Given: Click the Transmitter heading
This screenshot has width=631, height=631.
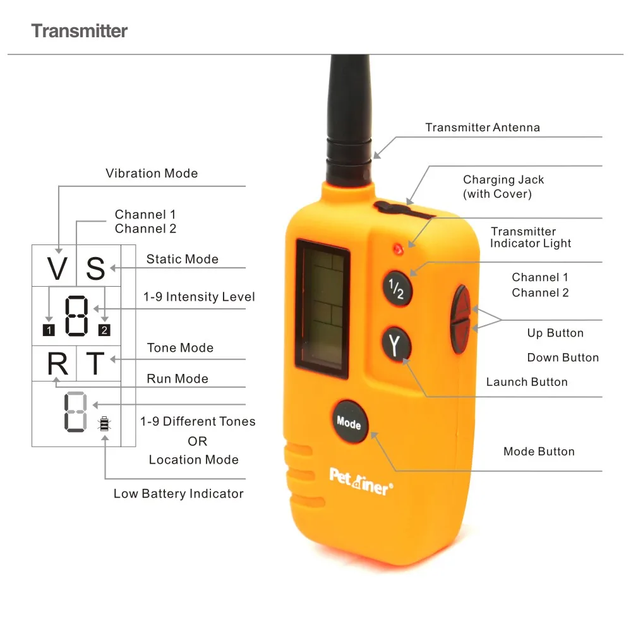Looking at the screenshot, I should [x=80, y=30].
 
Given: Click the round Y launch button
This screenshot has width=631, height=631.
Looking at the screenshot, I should [x=396, y=344].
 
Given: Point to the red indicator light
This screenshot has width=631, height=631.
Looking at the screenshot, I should [x=399, y=249].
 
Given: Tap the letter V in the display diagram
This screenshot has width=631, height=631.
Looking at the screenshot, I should [x=57, y=269].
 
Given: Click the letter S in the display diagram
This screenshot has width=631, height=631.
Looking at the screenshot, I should [x=95, y=269].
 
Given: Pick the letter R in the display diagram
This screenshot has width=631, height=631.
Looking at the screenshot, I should [x=57, y=364].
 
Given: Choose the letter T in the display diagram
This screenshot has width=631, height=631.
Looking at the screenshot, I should [x=95, y=364].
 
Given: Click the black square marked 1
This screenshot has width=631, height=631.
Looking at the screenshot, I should [x=49, y=329].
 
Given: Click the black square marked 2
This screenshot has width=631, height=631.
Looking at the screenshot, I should [x=104, y=329].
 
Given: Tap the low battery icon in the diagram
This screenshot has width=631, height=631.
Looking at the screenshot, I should [x=104, y=424].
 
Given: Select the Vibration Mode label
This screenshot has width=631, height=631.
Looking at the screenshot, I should [x=152, y=173].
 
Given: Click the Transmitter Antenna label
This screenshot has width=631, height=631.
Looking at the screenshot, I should [x=483, y=128].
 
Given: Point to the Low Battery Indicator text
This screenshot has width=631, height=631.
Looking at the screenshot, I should [x=178, y=494].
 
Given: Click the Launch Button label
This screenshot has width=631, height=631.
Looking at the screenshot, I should [x=527, y=382].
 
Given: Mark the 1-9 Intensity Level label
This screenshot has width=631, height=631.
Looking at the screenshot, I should [x=199, y=297].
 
